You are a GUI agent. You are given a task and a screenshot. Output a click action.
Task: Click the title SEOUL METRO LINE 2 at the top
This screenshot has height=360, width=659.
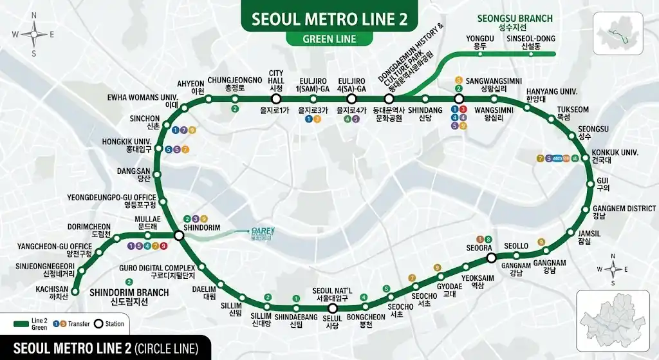[329, 19]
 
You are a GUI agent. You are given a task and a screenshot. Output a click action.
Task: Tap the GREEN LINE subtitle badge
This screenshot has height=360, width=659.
[329, 39]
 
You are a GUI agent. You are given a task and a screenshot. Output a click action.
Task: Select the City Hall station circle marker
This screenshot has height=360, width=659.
[276, 99]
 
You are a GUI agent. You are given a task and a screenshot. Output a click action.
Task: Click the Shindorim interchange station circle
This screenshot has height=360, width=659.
[179, 236]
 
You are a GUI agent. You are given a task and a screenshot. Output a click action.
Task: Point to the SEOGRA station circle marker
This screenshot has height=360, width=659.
[491, 258]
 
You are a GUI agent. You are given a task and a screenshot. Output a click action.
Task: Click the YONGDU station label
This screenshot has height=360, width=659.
[476, 43]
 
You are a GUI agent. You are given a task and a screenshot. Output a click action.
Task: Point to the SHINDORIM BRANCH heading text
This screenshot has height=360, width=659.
[129, 297]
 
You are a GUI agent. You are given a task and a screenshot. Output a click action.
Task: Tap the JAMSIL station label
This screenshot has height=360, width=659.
[584, 237]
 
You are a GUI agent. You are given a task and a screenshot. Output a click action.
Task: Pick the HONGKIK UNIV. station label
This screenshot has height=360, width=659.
[126, 145]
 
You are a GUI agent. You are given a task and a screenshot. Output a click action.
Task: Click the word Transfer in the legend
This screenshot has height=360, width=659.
[79, 323]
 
